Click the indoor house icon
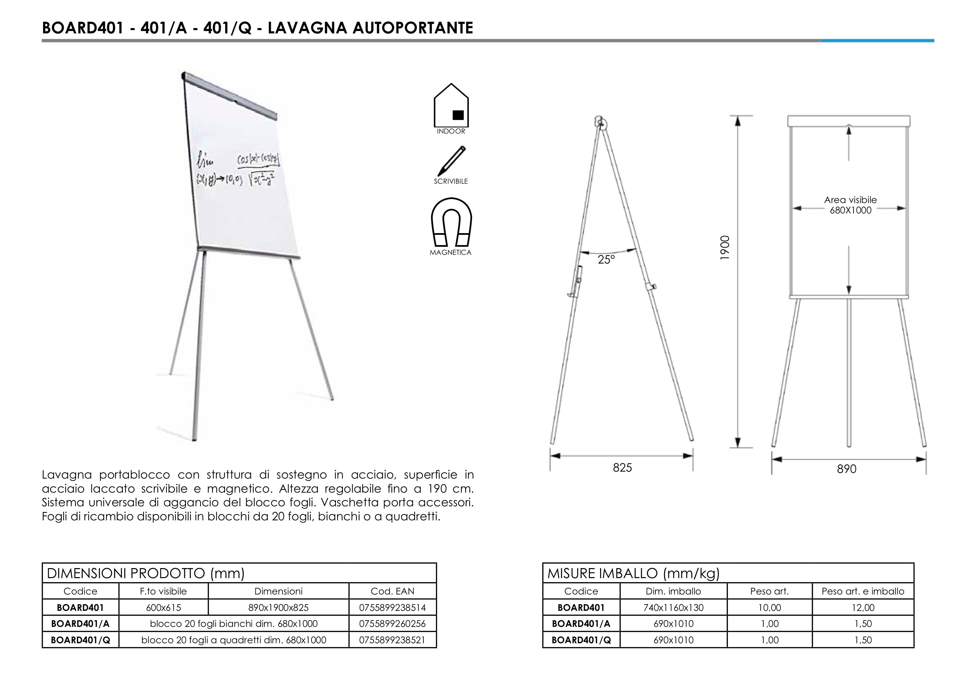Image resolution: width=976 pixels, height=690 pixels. pos(451,106)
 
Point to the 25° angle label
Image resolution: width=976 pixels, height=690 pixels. pos(606,260)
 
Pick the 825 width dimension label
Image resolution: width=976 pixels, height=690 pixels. pos(622,468)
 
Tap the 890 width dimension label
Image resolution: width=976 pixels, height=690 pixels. pos(846,469)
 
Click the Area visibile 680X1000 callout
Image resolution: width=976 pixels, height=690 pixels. pos(850,205)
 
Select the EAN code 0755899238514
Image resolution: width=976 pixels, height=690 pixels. pos(392,608)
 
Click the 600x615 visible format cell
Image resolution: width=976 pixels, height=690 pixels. pos(164,608)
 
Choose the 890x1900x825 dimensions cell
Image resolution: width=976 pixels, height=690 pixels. pos(278,608)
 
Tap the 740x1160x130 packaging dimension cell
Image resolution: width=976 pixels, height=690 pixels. pos(673,608)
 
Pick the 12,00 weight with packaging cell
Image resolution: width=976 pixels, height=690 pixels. pos(863,608)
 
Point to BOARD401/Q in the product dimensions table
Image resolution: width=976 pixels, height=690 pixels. pos(80,640)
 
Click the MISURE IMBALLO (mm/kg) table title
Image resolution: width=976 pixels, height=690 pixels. pos(633,573)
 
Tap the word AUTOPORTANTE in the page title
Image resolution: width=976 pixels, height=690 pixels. pos(413,28)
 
